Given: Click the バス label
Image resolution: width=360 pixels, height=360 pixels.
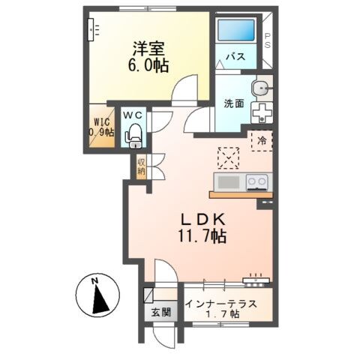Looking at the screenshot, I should [236, 57].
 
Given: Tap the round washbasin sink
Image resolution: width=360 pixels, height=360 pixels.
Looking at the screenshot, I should [261, 88].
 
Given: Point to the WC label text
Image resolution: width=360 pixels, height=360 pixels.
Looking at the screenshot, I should [133, 115].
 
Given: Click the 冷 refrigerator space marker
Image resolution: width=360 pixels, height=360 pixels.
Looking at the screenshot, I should [262, 140].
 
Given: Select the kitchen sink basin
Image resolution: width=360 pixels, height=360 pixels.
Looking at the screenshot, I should [227, 182].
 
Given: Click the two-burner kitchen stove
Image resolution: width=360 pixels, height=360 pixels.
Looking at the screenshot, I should [256, 181].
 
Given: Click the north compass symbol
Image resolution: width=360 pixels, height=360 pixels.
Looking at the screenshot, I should [97, 297].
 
